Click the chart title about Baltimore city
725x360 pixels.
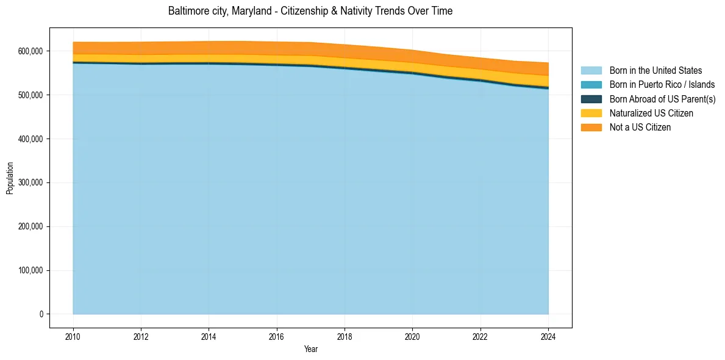(310, 11)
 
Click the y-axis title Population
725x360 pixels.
(10, 178)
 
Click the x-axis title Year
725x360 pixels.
(310, 349)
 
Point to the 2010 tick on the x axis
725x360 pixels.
(73, 336)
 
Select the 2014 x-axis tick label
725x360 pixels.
(209, 336)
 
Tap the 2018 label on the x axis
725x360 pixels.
(345, 336)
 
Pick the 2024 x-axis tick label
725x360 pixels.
(548, 336)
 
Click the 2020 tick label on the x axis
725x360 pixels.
(412, 336)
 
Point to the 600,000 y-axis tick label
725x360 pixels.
(31, 51)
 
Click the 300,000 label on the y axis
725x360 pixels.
(31, 182)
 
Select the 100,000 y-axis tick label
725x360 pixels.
(31, 270)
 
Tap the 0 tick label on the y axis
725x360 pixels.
(41, 314)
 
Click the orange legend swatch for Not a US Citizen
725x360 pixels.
(591, 128)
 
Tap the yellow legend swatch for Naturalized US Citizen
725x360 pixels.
(591, 113)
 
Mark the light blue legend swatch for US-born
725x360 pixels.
(591, 71)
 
